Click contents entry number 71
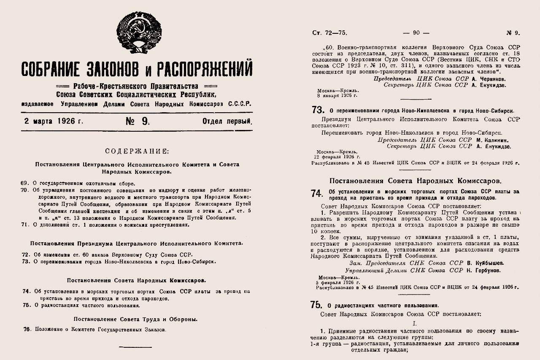105,225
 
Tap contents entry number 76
95,330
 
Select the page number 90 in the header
416,32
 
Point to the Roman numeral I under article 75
415,324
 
